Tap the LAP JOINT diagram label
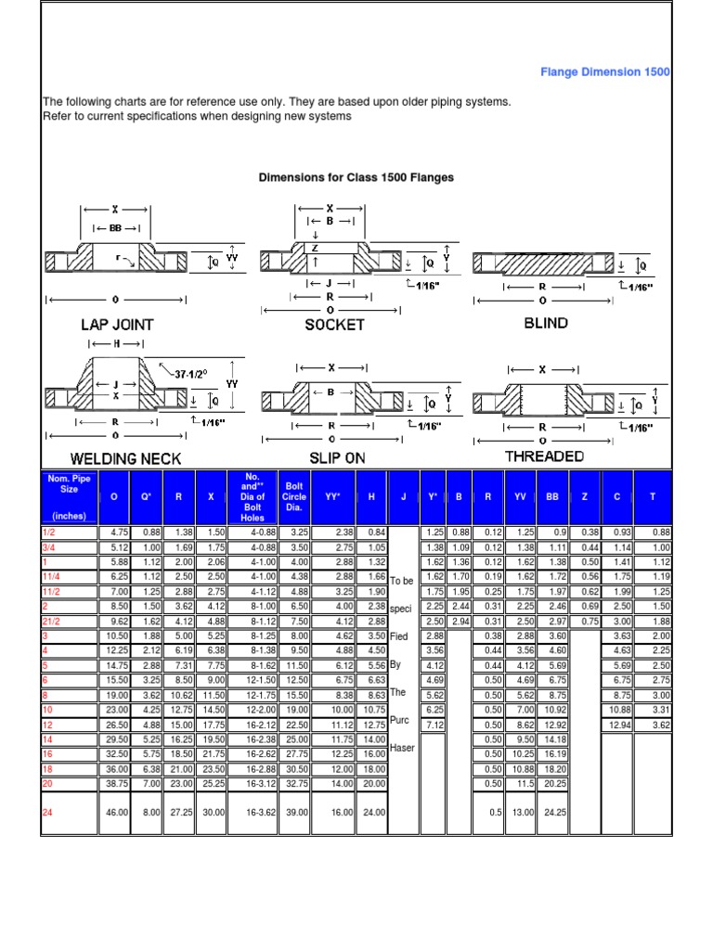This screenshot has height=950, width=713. (116, 325)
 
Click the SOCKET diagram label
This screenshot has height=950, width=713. (334, 325)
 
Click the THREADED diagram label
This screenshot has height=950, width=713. (544, 456)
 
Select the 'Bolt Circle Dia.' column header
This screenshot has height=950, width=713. (295, 496)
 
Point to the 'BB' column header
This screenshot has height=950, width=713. (552, 496)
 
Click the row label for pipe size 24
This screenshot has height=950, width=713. (48, 812)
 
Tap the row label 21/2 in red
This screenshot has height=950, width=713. (52, 620)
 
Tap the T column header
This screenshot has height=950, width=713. (653, 496)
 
